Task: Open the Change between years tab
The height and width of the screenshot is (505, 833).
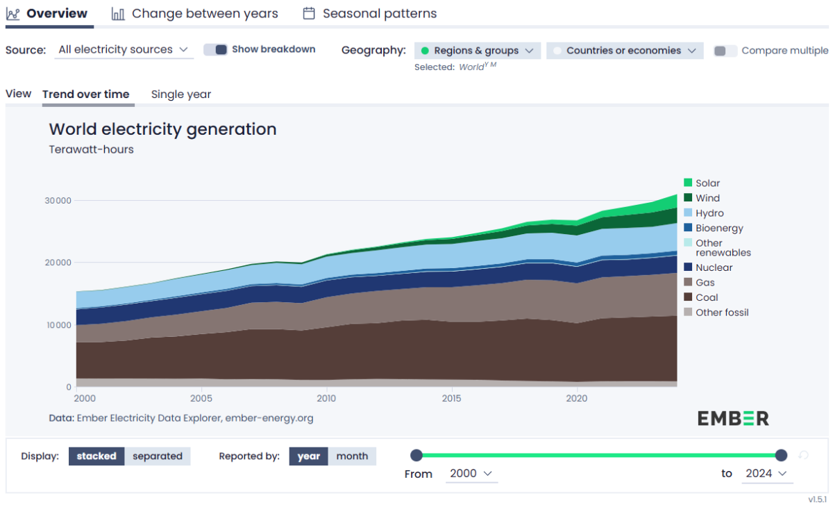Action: click(x=195, y=13)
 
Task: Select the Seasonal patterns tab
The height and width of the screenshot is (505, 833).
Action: click(x=370, y=13)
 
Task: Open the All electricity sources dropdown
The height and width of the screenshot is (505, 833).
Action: click(x=124, y=49)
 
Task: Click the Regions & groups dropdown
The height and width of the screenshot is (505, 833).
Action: click(x=477, y=51)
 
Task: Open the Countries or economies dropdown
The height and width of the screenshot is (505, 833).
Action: click(x=625, y=51)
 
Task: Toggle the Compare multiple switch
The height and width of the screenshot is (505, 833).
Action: click(x=725, y=51)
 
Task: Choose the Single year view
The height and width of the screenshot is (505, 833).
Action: click(x=180, y=94)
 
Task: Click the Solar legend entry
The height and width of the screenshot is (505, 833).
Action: click(x=707, y=183)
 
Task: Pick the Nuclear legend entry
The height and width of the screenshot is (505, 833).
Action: click(x=714, y=267)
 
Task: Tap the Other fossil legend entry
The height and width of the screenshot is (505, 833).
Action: click(x=722, y=313)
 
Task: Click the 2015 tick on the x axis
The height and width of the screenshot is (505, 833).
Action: click(x=451, y=399)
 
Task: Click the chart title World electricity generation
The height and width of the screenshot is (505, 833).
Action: click(x=162, y=129)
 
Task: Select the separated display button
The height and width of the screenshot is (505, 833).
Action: click(x=158, y=456)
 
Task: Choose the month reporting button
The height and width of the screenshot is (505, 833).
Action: click(x=352, y=456)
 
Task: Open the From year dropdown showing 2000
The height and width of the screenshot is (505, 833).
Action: click(x=471, y=473)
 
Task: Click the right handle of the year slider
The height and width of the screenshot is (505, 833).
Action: click(x=781, y=455)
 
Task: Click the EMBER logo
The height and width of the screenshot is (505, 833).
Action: click(x=733, y=418)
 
